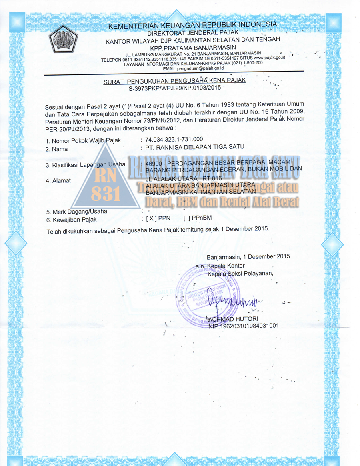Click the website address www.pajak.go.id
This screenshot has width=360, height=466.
click(x=269, y=58)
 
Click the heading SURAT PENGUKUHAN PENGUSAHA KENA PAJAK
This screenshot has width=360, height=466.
click(x=174, y=81)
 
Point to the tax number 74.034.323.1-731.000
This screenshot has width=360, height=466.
click(x=174, y=139)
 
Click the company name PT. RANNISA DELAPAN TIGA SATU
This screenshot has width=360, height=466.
click(x=195, y=147)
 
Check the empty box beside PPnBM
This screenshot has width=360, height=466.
click(x=186, y=218)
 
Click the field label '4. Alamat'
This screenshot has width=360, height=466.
click(x=58, y=181)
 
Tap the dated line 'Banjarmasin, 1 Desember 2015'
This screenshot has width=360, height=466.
click(x=248, y=256)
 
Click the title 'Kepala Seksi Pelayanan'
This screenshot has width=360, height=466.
click(x=240, y=274)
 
